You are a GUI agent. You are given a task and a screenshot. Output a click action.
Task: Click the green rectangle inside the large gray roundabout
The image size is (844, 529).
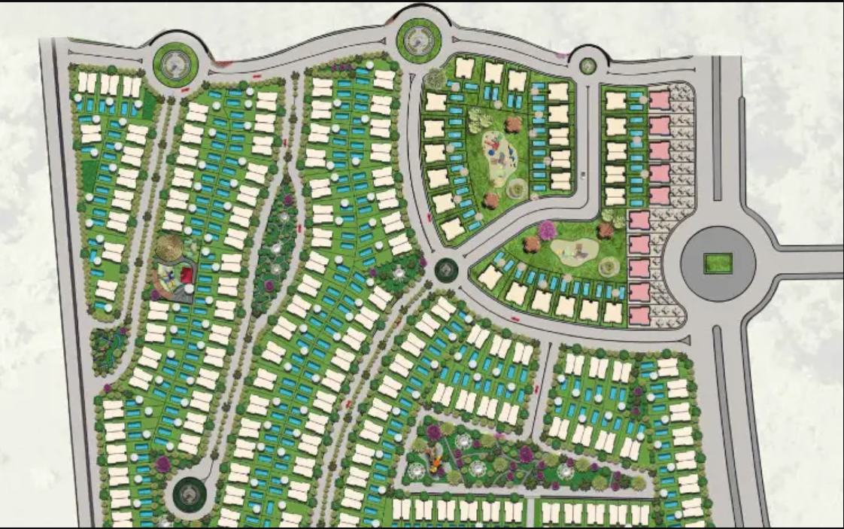tap(717, 263)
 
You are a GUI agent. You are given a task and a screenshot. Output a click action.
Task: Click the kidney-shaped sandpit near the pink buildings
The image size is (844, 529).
tap(572, 249)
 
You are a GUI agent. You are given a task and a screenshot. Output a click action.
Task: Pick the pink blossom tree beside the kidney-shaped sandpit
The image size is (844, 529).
tap(547, 230)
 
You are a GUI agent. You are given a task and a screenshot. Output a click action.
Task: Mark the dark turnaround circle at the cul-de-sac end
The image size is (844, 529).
tap(188, 494)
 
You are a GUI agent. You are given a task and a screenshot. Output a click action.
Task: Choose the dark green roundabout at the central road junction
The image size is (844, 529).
tap(446, 269)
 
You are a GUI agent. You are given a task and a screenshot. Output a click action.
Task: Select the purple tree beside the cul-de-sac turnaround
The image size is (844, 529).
tap(162, 464)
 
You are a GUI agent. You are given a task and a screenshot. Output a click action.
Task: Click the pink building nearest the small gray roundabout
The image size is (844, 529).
tap(659, 99)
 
